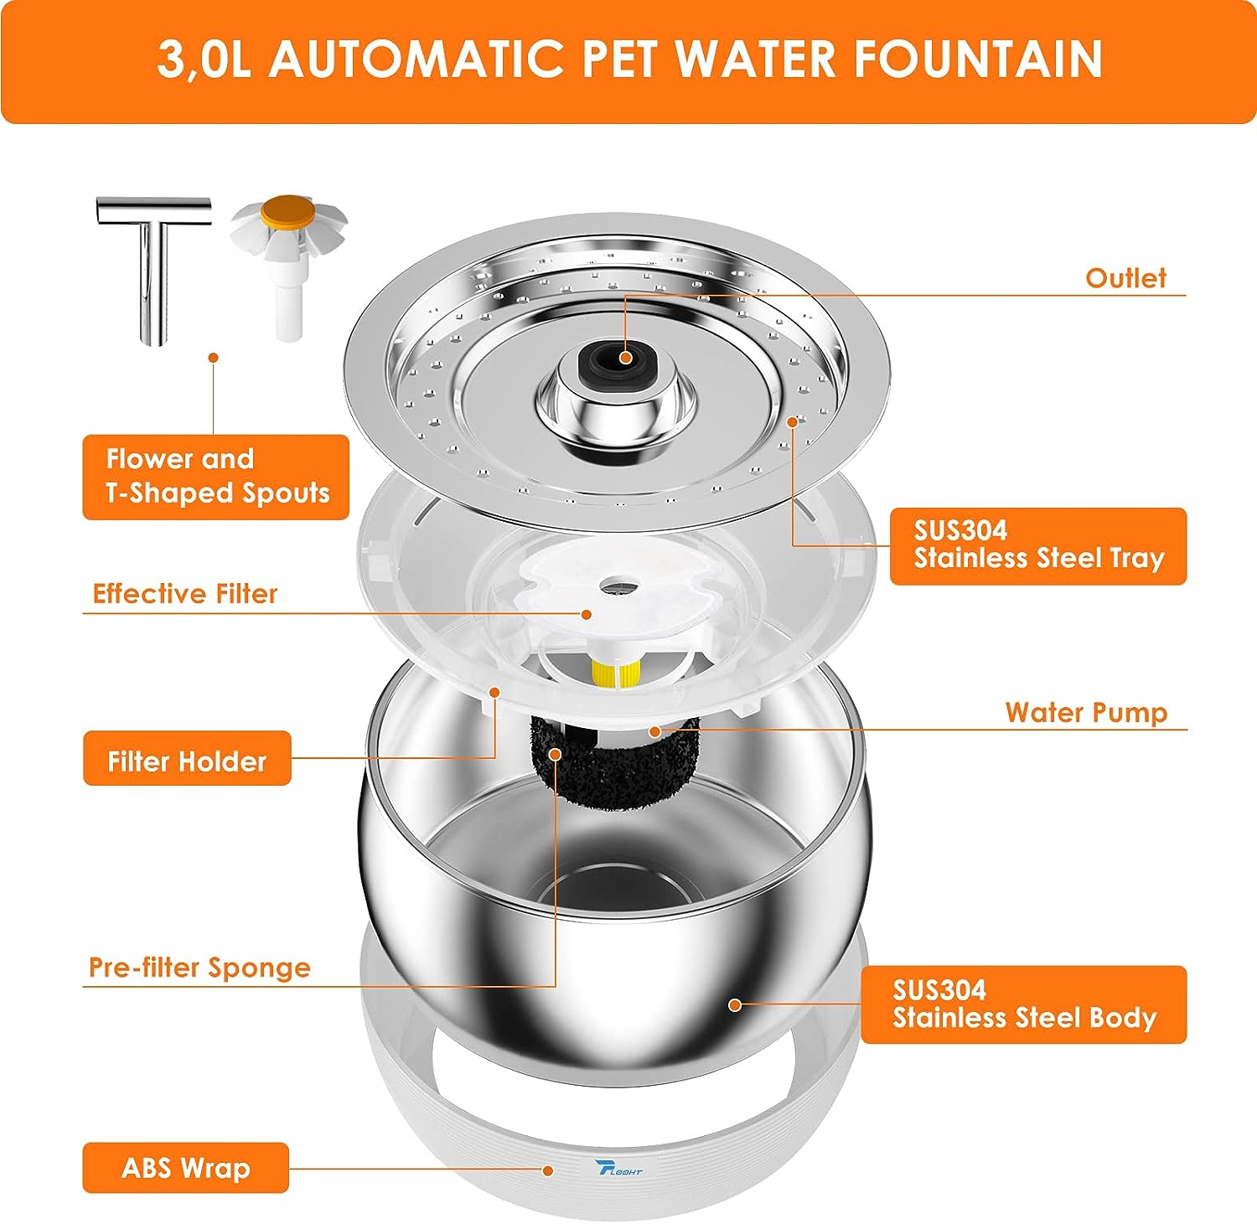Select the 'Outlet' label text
[1125, 278]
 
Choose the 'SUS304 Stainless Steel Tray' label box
[1038, 545]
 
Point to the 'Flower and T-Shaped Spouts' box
[215, 477]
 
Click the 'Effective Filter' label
[184, 594]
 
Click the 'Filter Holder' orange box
[187, 758]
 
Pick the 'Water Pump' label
[1086, 712]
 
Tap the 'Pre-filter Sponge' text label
[199, 968]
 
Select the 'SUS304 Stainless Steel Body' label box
[1023, 1005]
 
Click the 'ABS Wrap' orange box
[185, 1168]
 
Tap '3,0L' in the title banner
[204, 59]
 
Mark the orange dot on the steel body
[735, 1005]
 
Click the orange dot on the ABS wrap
[548, 1170]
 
